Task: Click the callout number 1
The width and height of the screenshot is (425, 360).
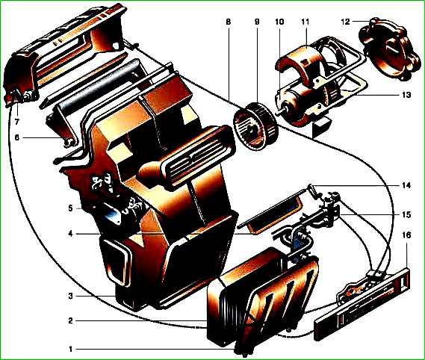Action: [x=71, y=349]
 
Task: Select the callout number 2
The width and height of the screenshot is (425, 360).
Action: [x=70, y=321]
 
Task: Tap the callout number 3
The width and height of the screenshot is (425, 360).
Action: [x=70, y=296]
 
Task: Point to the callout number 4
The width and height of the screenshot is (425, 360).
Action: [x=71, y=234]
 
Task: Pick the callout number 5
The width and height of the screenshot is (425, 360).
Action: [x=70, y=209]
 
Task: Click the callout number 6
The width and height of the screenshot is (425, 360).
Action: [x=16, y=137]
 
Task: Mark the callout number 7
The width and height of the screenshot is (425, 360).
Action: [x=16, y=122]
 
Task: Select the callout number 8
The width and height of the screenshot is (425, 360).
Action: [x=229, y=22]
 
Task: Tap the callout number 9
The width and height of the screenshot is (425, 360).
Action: [x=257, y=22]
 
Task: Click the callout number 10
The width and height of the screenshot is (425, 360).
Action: [x=279, y=22]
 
